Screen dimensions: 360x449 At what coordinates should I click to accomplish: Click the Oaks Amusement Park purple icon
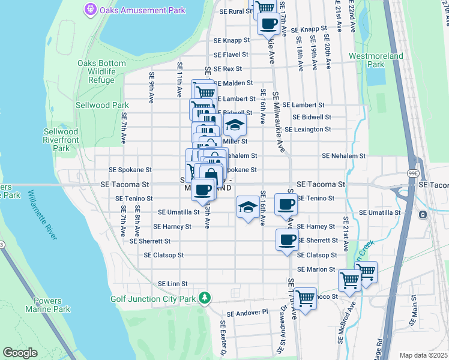[x=91, y=9]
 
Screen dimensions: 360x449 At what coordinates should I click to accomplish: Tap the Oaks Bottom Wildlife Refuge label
[x=96, y=71]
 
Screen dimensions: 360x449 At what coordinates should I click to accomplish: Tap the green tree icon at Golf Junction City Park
[x=205, y=298]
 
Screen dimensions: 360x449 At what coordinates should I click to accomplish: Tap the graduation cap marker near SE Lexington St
[x=235, y=125]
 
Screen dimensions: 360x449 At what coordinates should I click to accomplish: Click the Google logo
[x=20, y=353]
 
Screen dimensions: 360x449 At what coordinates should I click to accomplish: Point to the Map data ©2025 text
[x=423, y=355]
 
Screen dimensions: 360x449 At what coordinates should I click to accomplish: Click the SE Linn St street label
[x=173, y=284]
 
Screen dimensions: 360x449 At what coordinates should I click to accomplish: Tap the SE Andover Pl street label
[x=247, y=313]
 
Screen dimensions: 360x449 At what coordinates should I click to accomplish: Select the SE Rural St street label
[x=235, y=11]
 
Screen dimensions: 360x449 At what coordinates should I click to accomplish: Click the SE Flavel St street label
[x=231, y=55]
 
